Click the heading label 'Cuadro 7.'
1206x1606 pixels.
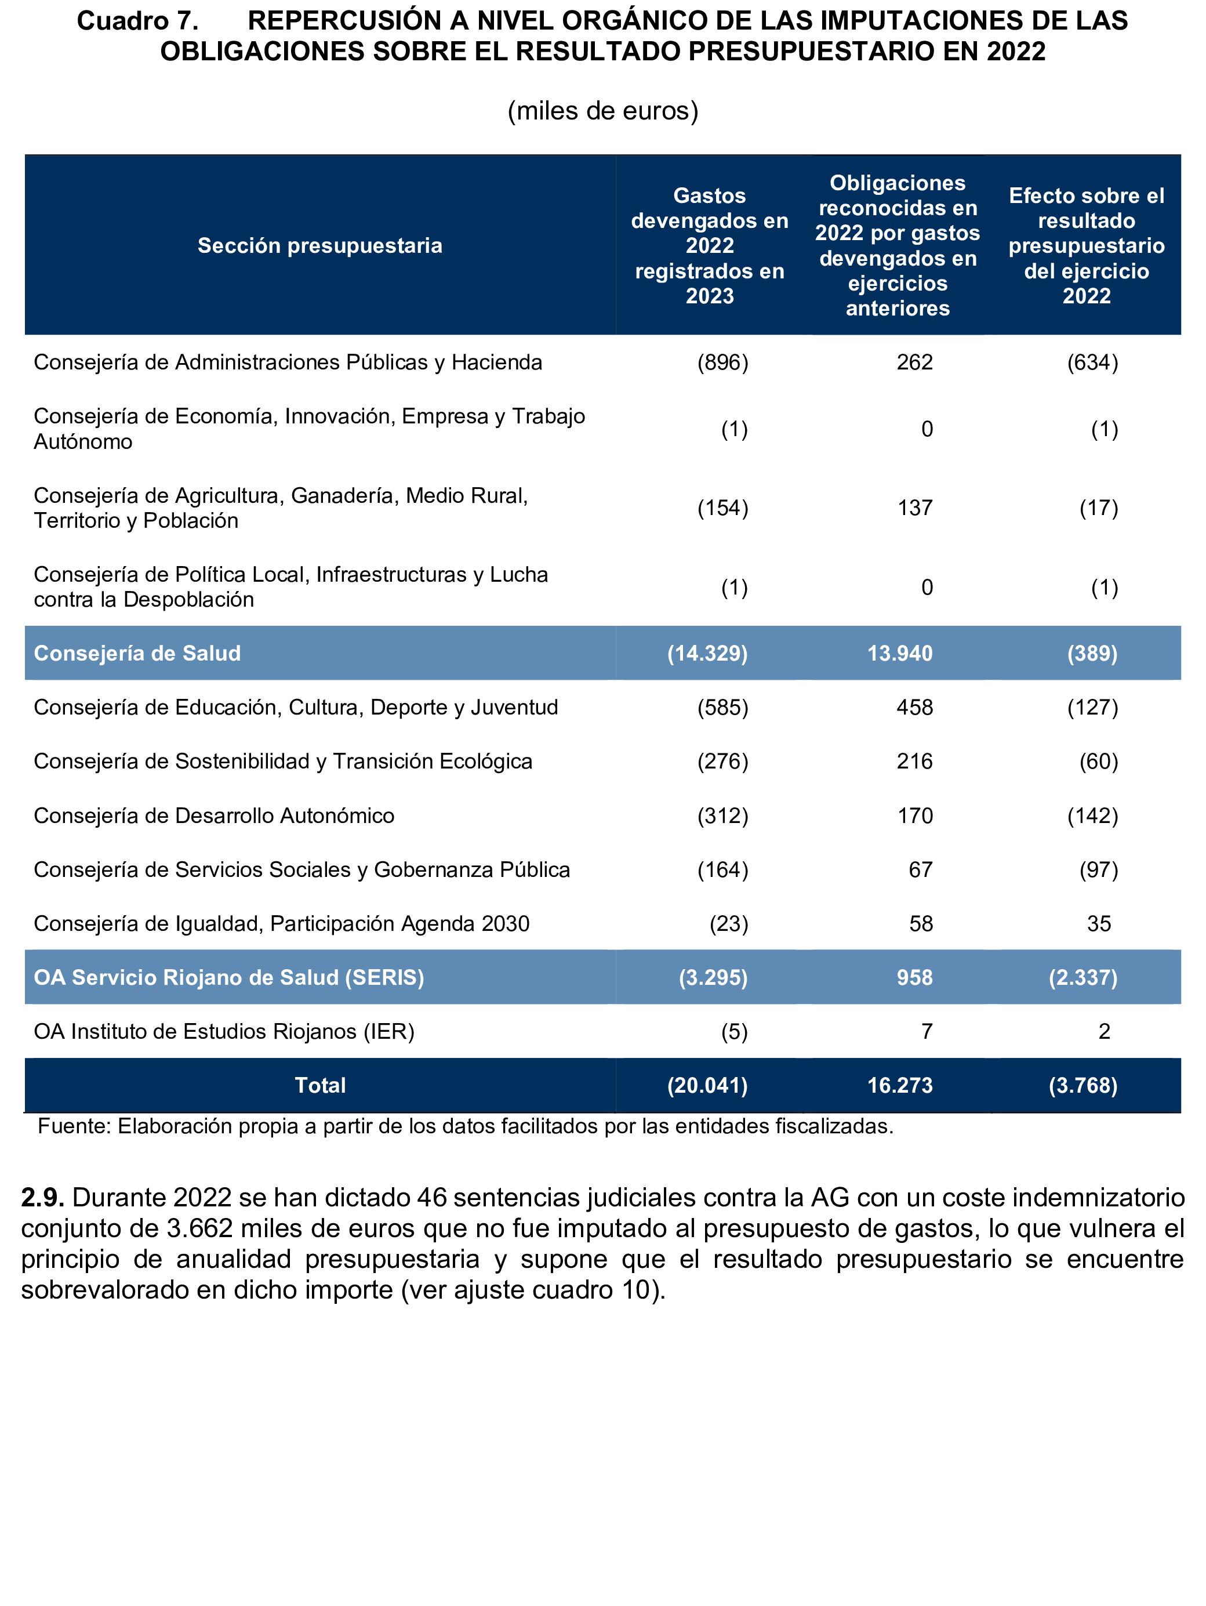pos(138,21)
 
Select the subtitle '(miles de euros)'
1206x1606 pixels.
pos(602,111)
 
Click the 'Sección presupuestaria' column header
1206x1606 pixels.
pos(320,245)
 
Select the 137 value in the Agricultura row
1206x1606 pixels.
pos(914,507)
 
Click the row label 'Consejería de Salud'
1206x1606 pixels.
pos(137,654)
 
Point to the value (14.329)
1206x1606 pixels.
pos(707,654)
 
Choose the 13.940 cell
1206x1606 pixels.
pos(900,654)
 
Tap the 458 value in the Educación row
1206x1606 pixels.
pos(914,707)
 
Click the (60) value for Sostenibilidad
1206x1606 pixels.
pos(1099,761)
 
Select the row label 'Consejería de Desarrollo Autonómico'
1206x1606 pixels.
pos(214,815)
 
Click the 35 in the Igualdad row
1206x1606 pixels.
pos(1099,923)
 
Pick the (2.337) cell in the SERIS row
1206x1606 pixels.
pos(1083,977)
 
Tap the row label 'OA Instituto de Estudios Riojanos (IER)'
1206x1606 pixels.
pos(224,1031)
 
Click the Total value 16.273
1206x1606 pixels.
pos(900,1085)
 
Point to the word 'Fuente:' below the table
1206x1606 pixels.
pos(74,1126)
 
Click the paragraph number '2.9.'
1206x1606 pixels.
pos(43,1197)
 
